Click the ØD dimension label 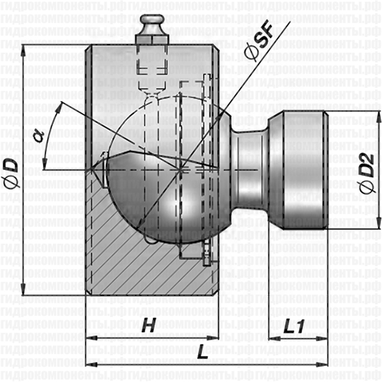tap(11, 172)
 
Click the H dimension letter tap(148, 326)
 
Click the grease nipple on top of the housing tap(152, 29)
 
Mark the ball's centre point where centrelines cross tap(183, 168)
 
